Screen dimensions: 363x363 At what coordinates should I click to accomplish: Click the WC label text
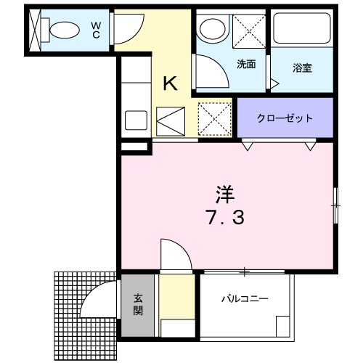(x=96, y=29)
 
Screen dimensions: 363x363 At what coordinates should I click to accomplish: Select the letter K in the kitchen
(x=169, y=83)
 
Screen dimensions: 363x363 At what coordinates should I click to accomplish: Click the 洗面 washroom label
(x=246, y=65)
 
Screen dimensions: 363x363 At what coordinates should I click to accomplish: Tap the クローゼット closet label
(x=285, y=118)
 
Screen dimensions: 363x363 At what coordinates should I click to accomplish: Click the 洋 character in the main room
(x=224, y=194)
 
